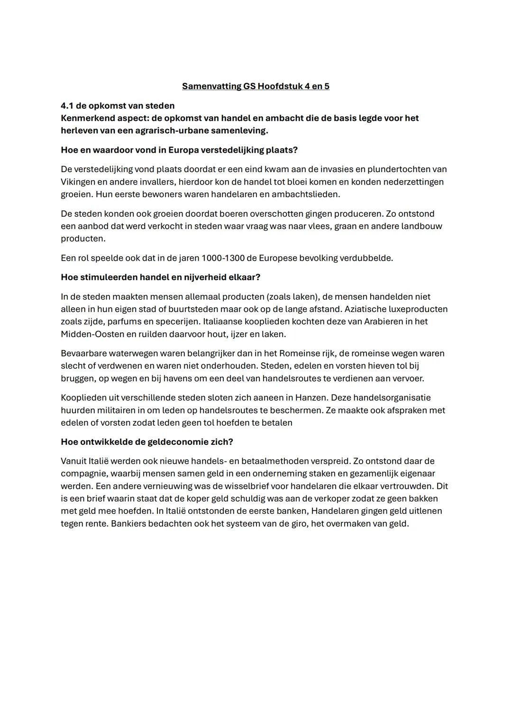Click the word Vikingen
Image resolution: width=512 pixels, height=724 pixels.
78,182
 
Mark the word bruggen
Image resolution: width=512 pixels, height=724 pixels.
77,379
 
